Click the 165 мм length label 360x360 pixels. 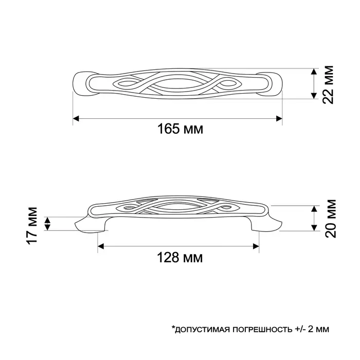pos(179,129)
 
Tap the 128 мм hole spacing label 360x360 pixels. pos(178,256)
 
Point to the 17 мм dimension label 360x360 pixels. pos(32,224)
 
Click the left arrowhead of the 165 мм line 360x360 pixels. pos(75,118)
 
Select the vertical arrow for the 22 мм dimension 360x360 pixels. pos(314,84)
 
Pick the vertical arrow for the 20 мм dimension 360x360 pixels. pos(314,218)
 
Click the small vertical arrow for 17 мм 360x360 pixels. pos(48,224)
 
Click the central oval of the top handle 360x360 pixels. pos(177,84)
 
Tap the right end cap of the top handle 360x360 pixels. pos(276,84)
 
